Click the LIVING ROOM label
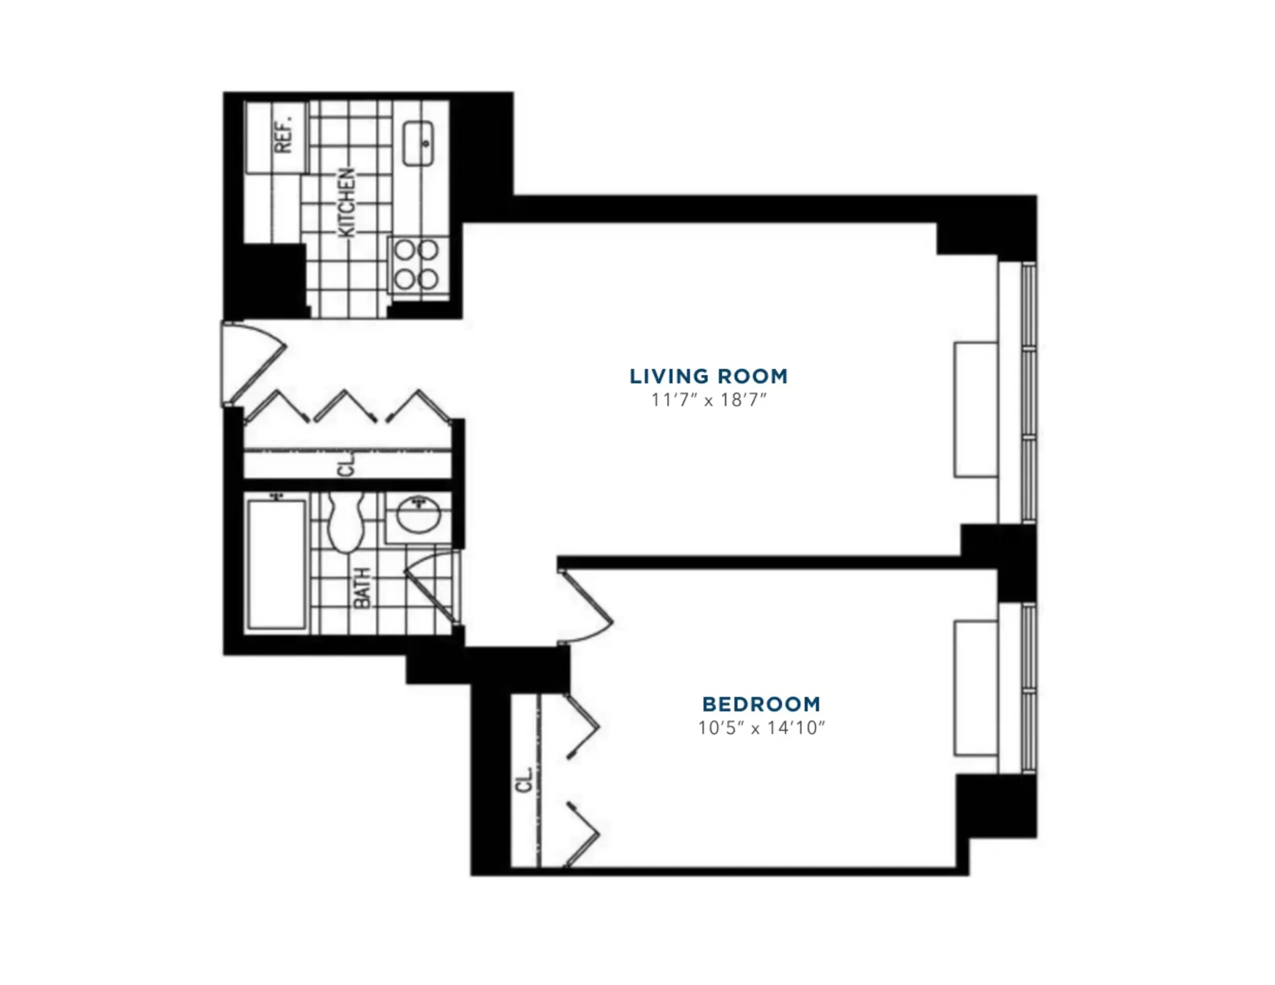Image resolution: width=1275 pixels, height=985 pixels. click(708, 376)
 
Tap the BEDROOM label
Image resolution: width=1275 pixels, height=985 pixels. click(761, 704)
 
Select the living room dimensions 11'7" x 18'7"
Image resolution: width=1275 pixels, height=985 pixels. click(708, 400)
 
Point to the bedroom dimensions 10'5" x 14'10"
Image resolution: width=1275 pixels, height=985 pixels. click(761, 728)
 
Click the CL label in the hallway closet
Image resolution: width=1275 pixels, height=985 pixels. click(347, 465)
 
